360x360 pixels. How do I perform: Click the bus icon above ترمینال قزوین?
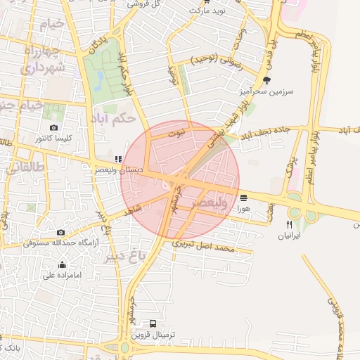[x=153, y=324]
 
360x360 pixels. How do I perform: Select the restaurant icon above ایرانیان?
[x=288, y=224]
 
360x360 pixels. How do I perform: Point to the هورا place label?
[x=243, y=209]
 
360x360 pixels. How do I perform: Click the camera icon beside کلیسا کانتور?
[x=54, y=127]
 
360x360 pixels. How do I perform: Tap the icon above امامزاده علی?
[x=63, y=265]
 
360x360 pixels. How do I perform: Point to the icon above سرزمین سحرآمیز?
[x=266, y=80]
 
